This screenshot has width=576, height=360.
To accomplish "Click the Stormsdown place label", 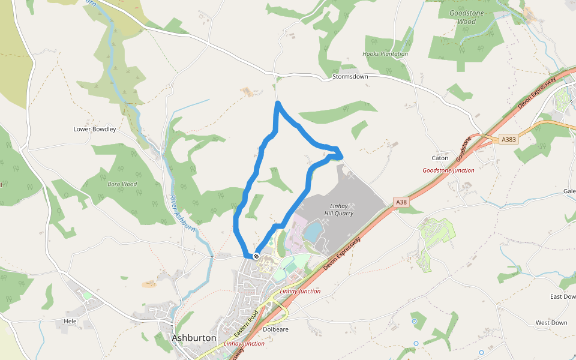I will [350, 77].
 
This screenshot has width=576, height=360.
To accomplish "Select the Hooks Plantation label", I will [385, 54].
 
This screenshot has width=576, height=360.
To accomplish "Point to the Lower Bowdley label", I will [94, 129].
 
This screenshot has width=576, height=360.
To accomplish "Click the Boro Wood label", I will [122, 184].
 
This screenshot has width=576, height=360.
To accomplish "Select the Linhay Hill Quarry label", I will [340, 209].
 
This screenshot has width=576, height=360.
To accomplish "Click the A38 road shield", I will [401, 203].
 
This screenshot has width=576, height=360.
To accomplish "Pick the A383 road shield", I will [508, 140].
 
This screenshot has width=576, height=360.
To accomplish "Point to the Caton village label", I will [440, 158].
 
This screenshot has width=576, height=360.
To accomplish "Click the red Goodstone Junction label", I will [448, 170].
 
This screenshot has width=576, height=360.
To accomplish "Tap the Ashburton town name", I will [194, 338].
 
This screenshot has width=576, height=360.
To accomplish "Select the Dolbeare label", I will [275, 329].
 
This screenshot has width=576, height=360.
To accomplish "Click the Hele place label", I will [70, 321].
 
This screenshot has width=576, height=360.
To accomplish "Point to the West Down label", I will [551, 323].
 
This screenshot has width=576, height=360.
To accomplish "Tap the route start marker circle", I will [256, 256].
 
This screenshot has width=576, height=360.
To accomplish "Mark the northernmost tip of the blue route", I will [278, 103].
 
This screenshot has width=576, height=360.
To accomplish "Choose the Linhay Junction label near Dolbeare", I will [300, 291].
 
